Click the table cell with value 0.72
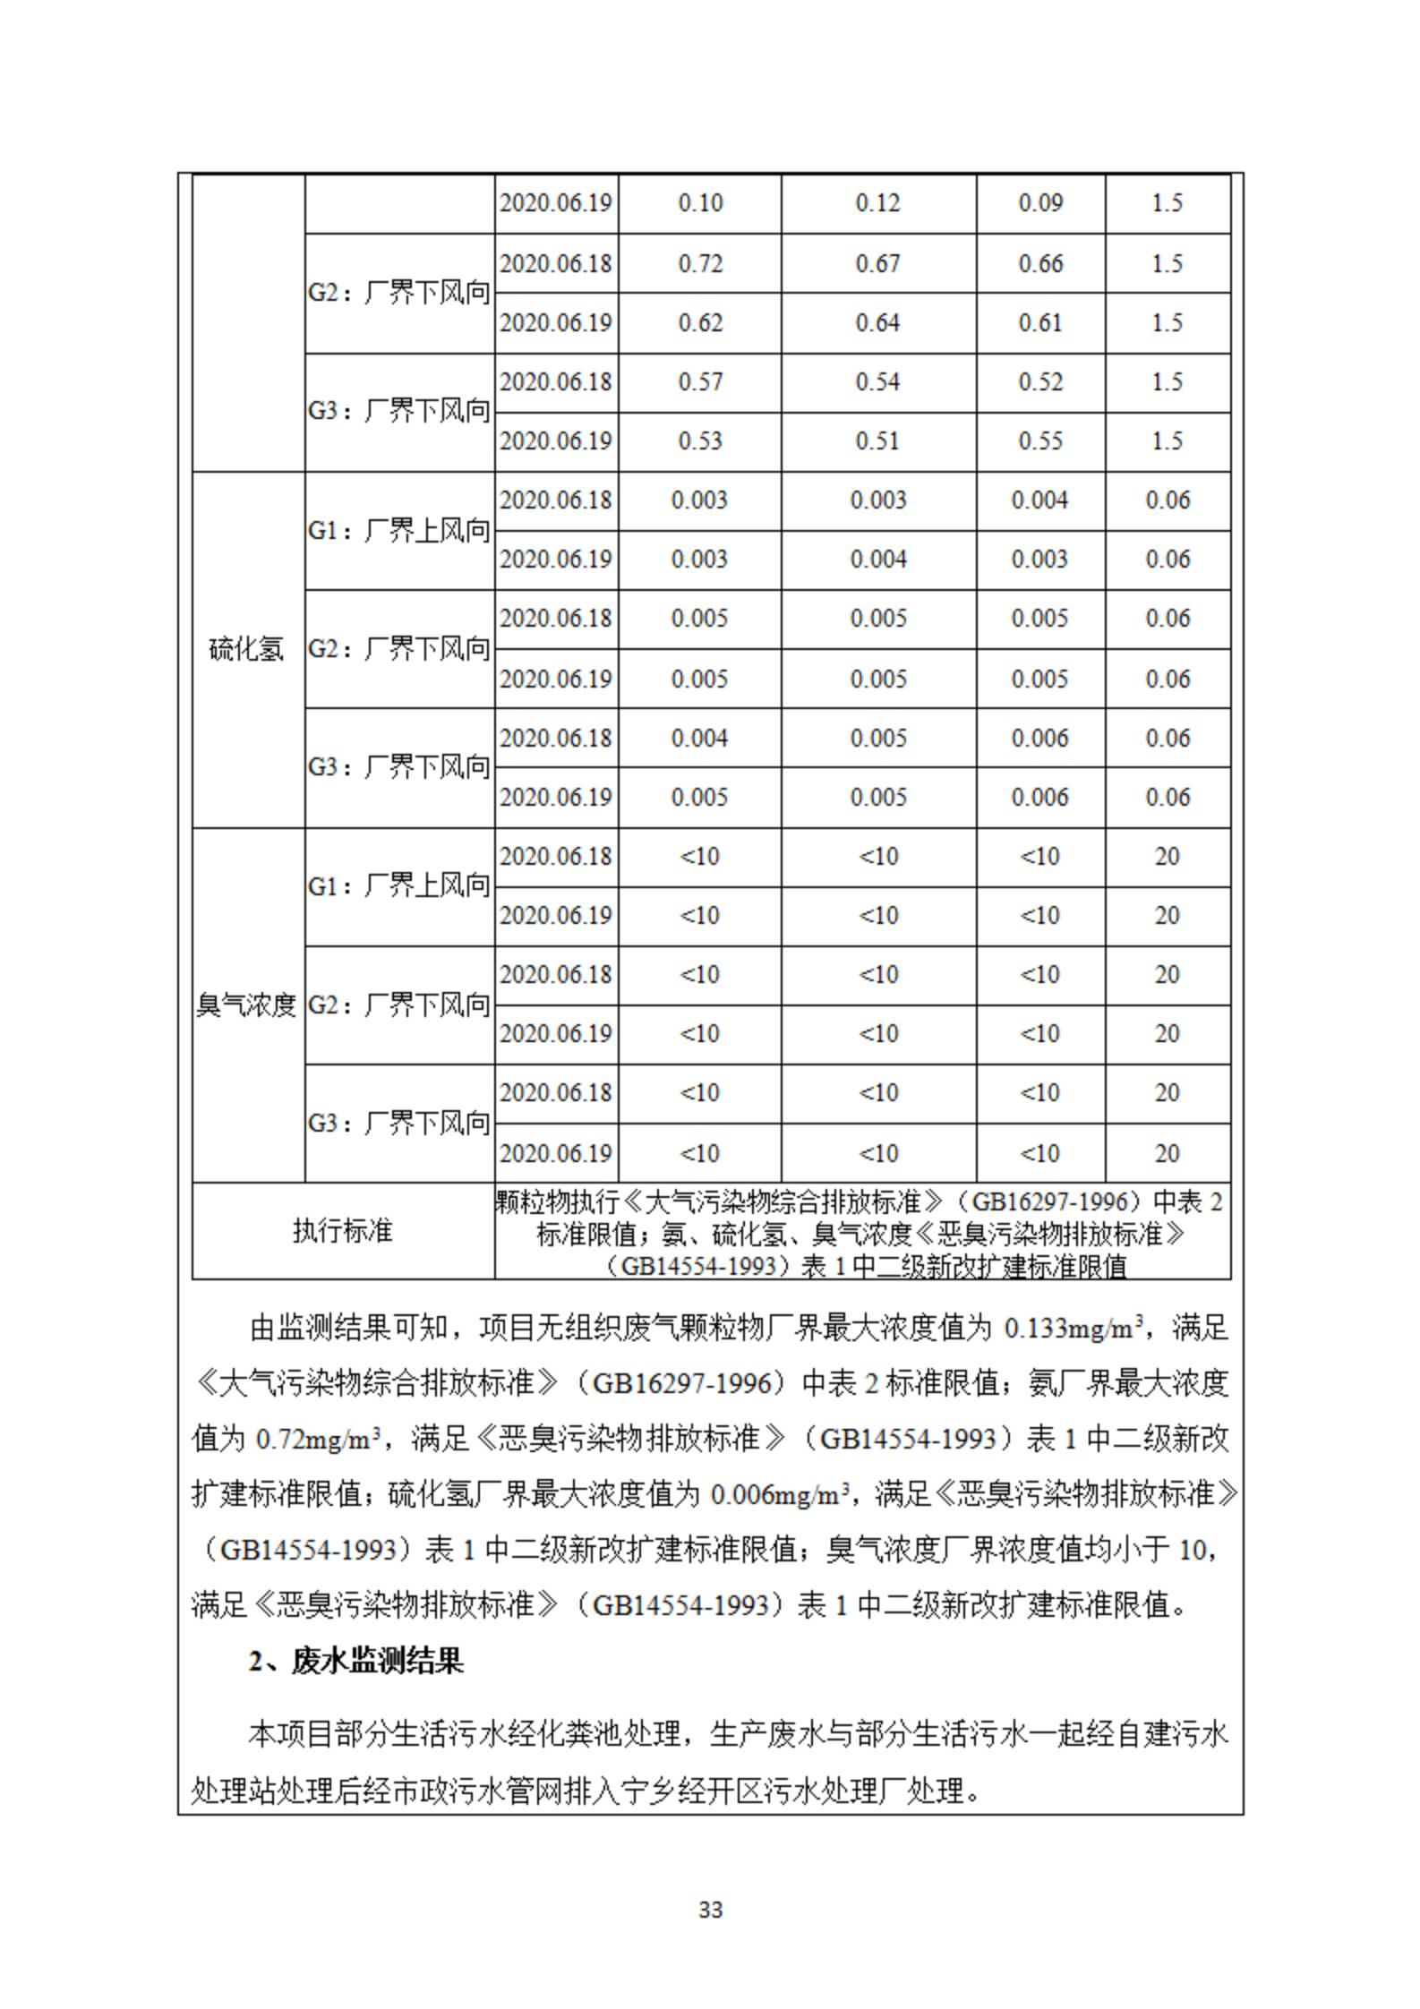pyautogui.click(x=699, y=264)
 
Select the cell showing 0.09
pyautogui.click(x=1039, y=203)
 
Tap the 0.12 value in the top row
pyautogui.click(x=877, y=203)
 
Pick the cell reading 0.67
pyautogui.click(x=877, y=264)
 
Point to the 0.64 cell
pyautogui.click(x=877, y=323)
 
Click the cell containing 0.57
pyautogui.click(x=699, y=382)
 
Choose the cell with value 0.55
pyautogui.click(x=1039, y=441)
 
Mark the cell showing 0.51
pyautogui.click(x=877, y=441)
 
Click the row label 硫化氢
pyautogui.click(x=246, y=649)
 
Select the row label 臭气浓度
pyautogui.click(x=246, y=1005)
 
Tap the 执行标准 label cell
pyautogui.click(x=342, y=1231)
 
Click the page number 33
pyautogui.click(x=710, y=1910)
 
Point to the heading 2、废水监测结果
pyautogui.click(x=356, y=1662)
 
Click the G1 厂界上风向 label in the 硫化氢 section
pyautogui.click(x=399, y=531)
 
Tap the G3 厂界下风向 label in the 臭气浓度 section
pyautogui.click(x=399, y=1123)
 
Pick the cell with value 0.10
pyautogui.click(x=699, y=203)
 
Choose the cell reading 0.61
pyautogui.click(x=1039, y=323)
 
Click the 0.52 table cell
pyautogui.click(x=1039, y=382)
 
